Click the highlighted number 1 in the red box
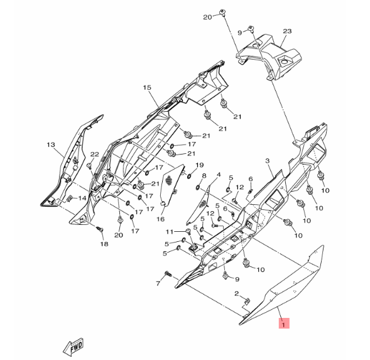click(284, 323)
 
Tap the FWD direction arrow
click(73, 347)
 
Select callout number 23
click(287, 31)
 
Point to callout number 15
click(147, 87)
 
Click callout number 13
click(51, 145)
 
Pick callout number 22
click(95, 155)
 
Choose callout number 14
click(82, 198)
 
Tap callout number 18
click(104, 244)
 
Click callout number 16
click(160, 219)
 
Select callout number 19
click(199, 165)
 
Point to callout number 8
click(204, 176)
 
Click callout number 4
click(219, 175)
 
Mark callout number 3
click(268, 161)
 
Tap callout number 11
click(170, 232)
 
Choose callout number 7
click(158, 283)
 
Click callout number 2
click(237, 293)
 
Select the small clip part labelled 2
click(248, 301)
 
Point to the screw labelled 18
click(100, 229)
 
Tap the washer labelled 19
click(189, 176)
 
